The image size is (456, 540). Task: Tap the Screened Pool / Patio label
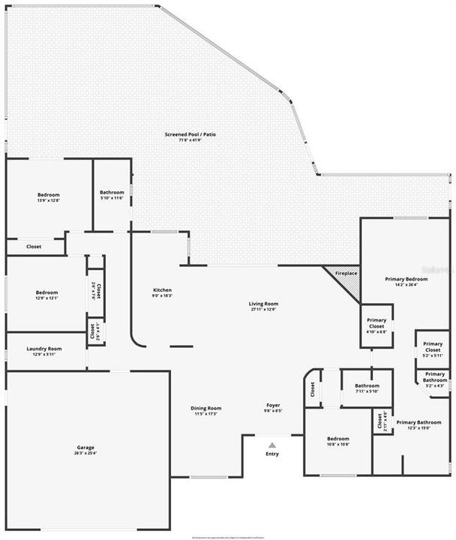tap(190, 134)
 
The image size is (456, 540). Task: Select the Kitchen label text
tap(163, 290)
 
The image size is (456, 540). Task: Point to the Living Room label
tap(263, 304)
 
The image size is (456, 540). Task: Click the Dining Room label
tap(206, 408)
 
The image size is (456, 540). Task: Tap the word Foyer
tap(273, 406)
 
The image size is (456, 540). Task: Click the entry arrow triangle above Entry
tap(272, 445)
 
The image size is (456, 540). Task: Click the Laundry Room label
tap(43, 349)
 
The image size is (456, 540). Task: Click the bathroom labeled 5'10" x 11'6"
tap(112, 193)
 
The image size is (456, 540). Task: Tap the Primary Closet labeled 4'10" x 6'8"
tap(376, 323)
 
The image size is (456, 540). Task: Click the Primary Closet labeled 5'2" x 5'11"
tap(433, 348)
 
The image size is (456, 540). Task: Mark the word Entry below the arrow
tap(272, 454)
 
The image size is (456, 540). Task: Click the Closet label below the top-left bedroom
tap(34, 246)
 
